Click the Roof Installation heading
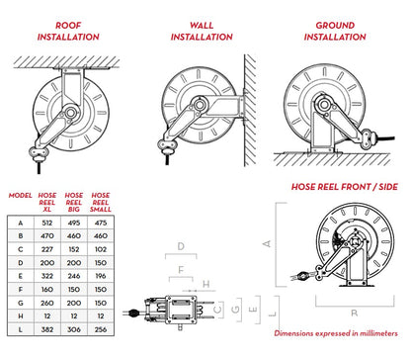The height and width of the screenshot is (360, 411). (x=68, y=31)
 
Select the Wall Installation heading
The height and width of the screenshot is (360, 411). (x=202, y=31)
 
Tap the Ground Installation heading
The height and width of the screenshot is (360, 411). (x=335, y=31)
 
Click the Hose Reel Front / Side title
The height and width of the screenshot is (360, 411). (x=345, y=187)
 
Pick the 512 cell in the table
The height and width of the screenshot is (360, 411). (x=47, y=223)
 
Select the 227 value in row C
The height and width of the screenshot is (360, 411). (x=47, y=249)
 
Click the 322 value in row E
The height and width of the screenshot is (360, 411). (x=47, y=276)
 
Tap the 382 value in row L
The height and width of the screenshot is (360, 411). (x=47, y=329)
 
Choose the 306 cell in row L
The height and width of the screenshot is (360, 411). (x=74, y=329)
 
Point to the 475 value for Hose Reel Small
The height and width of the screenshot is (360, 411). (x=101, y=223)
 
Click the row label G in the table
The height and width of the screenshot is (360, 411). (x=21, y=303)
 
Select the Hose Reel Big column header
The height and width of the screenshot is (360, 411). (x=74, y=202)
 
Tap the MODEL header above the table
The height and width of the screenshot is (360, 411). (x=21, y=196)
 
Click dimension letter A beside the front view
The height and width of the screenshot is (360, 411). (x=267, y=243)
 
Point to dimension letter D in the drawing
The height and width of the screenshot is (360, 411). (x=181, y=246)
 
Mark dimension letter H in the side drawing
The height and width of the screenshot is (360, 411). (x=206, y=284)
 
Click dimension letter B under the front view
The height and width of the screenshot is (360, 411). (x=355, y=313)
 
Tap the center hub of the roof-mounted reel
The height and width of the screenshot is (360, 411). (x=70, y=113)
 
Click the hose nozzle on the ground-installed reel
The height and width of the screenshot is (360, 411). (x=369, y=138)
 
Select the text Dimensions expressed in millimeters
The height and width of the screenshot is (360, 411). (x=336, y=333)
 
